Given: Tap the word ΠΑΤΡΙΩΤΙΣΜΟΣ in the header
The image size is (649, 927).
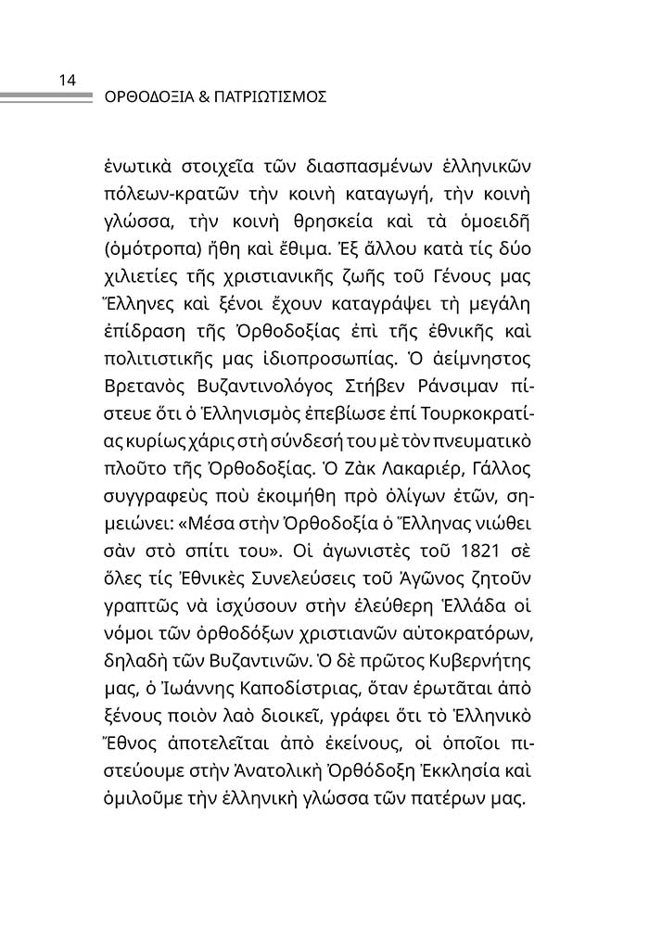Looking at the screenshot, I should point(271,95).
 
